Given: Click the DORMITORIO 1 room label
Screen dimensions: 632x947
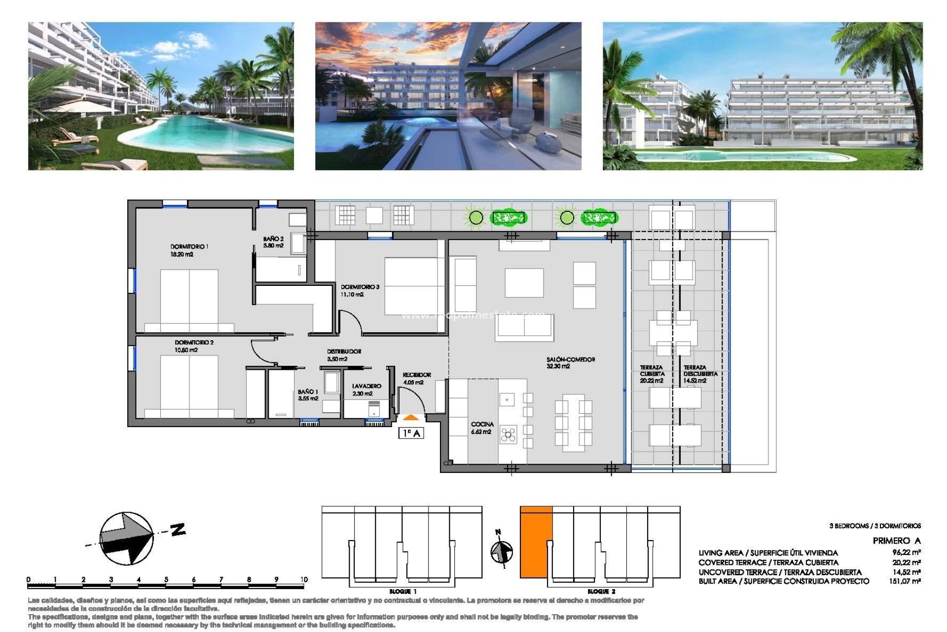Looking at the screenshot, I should click(x=189, y=246).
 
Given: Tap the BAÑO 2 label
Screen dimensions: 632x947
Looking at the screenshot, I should click(x=273, y=239).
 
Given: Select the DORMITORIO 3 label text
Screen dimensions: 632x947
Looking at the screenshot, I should click(x=360, y=287).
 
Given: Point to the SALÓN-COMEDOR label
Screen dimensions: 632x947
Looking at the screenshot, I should click(x=571, y=359).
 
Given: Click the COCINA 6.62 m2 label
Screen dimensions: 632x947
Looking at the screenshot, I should click(x=482, y=428).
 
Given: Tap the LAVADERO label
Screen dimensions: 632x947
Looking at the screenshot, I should click(x=366, y=386).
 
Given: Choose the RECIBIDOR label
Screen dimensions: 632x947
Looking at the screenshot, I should click(x=417, y=375).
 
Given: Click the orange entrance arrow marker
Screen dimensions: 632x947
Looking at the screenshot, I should click(x=411, y=418).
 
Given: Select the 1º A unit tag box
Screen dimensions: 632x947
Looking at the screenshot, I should click(x=411, y=433).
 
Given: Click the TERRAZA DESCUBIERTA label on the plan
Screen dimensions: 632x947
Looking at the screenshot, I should click(x=700, y=371).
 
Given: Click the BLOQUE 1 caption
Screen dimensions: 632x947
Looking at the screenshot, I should click(x=403, y=591).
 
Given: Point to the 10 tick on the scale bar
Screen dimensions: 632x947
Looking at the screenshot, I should click(x=304, y=580).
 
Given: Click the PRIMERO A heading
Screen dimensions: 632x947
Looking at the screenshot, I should click(x=896, y=541).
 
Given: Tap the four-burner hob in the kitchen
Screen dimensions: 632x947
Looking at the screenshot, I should click(x=509, y=434).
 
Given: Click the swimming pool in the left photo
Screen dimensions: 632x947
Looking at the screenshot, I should click(x=207, y=133).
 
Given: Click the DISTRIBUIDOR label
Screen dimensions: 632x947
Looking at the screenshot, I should click(x=344, y=352).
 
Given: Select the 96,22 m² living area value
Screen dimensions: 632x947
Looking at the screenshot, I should click(x=906, y=553).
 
